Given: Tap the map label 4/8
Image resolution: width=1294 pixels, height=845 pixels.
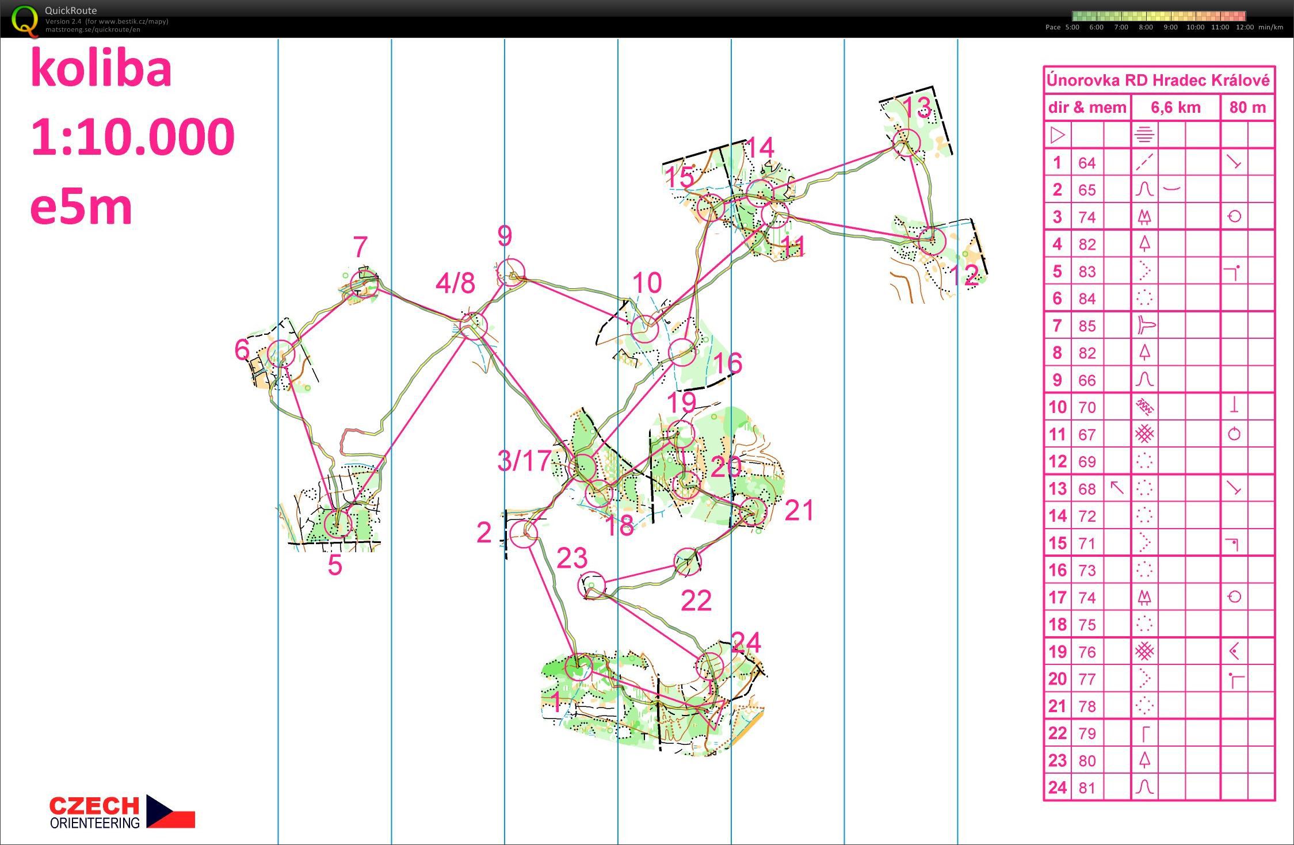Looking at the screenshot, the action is click(x=455, y=283).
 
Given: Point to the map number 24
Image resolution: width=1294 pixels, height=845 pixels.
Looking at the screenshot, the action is click(x=746, y=642).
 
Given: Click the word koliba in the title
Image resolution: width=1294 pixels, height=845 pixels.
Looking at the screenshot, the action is click(x=101, y=69).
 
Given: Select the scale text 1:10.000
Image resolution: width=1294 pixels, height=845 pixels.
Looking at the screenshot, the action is click(x=132, y=137).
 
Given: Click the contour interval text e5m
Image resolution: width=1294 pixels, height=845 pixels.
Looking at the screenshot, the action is click(x=81, y=208).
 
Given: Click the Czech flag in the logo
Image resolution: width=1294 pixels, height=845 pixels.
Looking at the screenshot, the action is click(x=171, y=811).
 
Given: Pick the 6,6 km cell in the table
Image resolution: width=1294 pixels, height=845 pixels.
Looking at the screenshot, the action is click(x=1175, y=108).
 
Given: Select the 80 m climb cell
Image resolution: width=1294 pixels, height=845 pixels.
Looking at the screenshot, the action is click(x=1247, y=108).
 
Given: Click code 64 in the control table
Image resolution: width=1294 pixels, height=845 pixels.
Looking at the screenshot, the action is click(x=1087, y=163).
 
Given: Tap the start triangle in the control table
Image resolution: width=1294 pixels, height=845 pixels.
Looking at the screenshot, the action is click(x=1058, y=135).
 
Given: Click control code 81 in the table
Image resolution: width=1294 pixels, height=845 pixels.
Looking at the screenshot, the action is click(x=1087, y=787).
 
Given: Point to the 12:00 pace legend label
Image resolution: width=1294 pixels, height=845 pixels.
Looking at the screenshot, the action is click(x=1245, y=27).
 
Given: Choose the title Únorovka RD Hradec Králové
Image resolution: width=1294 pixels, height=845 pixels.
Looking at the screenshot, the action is click(x=1158, y=80).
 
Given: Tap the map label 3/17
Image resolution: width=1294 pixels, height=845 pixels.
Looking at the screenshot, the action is click(x=524, y=461).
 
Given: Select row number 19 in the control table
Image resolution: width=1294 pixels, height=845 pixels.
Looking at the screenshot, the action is click(x=1058, y=652).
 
